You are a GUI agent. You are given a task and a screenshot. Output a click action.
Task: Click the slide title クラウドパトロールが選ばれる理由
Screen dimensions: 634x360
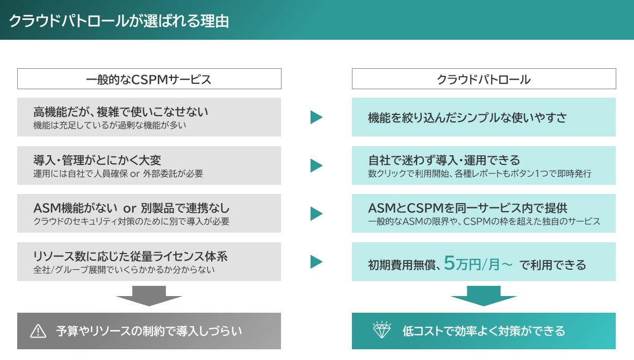point(119,20)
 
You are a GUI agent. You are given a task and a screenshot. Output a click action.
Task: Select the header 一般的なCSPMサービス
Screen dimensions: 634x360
point(149,80)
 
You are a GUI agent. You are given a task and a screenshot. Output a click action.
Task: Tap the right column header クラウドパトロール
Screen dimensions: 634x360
point(484,80)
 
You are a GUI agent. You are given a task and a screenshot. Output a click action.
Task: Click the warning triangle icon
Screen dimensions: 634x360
point(38,331)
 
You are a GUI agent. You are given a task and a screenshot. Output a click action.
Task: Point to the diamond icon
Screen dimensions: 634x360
point(381,330)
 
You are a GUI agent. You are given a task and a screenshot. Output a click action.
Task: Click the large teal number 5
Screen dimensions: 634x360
point(449,263)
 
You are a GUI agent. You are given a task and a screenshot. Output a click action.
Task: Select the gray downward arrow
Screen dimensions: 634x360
point(149,296)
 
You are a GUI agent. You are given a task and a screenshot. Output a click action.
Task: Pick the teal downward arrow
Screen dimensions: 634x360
point(484,296)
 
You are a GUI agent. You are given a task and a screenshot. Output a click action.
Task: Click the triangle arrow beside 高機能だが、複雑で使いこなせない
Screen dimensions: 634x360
point(316,117)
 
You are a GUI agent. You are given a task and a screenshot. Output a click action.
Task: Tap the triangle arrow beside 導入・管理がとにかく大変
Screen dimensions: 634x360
point(316,165)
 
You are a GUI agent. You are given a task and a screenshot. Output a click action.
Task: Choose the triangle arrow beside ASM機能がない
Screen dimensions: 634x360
point(316,213)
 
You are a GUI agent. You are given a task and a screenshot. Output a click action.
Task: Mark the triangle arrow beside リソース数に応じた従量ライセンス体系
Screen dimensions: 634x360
point(316,262)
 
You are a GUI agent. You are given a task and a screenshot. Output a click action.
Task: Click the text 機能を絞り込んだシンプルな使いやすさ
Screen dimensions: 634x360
point(467,118)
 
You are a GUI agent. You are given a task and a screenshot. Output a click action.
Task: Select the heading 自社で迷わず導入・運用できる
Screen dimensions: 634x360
point(444,160)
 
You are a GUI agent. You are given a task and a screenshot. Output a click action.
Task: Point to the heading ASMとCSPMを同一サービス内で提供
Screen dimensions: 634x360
point(468,208)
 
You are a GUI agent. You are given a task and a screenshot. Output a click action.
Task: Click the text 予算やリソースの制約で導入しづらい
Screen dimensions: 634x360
point(149,331)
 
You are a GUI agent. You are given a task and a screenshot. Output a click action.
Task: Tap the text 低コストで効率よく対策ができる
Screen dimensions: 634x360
point(484,331)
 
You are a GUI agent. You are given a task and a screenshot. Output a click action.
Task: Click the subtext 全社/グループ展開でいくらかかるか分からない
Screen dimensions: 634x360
point(124,270)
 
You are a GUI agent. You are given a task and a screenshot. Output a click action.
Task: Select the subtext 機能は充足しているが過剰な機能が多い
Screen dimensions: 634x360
point(110,125)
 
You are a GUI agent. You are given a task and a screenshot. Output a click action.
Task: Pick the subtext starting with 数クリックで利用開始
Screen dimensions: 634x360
point(480,174)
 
